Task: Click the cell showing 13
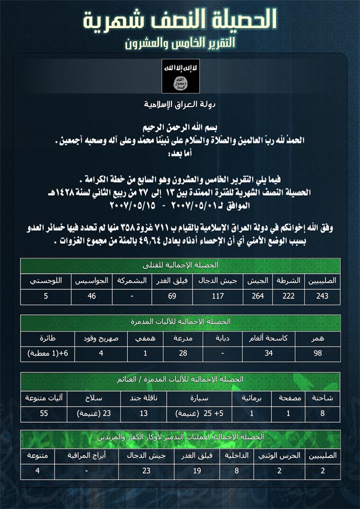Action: click(142, 413)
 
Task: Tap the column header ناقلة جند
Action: click(142, 396)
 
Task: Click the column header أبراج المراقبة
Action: click(88, 455)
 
